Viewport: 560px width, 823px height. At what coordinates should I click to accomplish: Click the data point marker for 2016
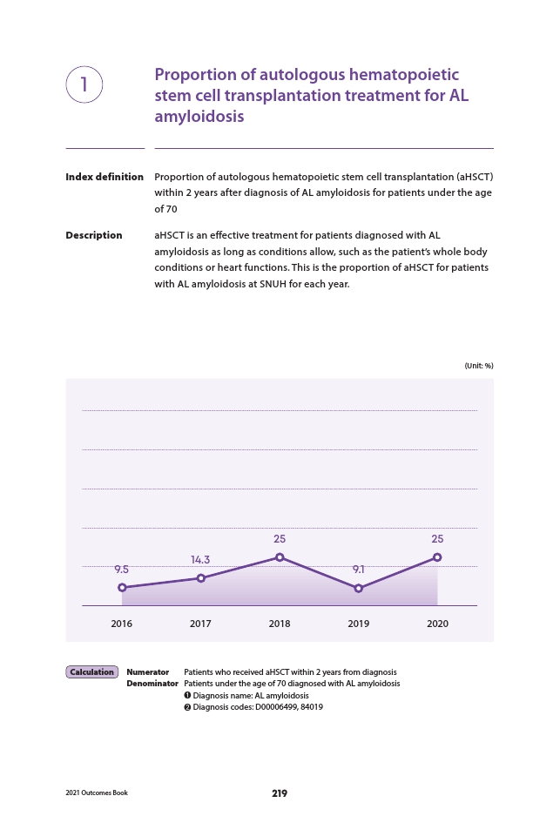pyautogui.click(x=122, y=587)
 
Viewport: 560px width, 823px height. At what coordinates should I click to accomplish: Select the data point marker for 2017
pyautogui.click(x=200, y=578)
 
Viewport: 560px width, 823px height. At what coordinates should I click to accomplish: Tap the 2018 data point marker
pyautogui.click(x=280, y=557)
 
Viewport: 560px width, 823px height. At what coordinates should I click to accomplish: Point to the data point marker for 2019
pyautogui.click(x=359, y=589)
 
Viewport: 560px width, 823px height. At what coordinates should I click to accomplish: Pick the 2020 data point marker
pyautogui.click(x=437, y=557)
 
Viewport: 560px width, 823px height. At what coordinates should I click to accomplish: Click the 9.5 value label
pyautogui.click(x=121, y=570)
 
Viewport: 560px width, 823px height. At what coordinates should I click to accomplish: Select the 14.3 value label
pyautogui.click(x=200, y=560)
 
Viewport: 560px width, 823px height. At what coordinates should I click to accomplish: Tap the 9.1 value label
pyautogui.click(x=359, y=570)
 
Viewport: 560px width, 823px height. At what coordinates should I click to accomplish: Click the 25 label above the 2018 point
pyautogui.click(x=280, y=539)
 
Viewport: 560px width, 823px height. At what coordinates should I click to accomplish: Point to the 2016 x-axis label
pyautogui.click(x=121, y=624)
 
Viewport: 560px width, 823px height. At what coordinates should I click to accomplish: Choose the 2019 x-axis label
pyautogui.click(x=359, y=624)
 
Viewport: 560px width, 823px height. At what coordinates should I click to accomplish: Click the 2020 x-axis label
pyautogui.click(x=437, y=624)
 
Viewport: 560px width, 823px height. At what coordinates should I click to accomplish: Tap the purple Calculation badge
pyautogui.click(x=91, y=671)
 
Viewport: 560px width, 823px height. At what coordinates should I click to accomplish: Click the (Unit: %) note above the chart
pyautogui.click(x=479, y=366)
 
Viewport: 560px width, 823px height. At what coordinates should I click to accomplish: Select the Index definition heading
pyautogui.click(x=105, y=177)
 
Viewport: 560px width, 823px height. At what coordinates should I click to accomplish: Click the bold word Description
pyautogui.click(x=94, y=235)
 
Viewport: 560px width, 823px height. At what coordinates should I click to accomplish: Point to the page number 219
pyautogui.click(x=280, y=793)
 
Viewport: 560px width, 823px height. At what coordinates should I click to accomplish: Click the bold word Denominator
pyautogui.click(x=152, y=684)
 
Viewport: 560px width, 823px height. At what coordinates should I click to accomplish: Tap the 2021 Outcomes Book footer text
pyautogui.click(x=97, y=793)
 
